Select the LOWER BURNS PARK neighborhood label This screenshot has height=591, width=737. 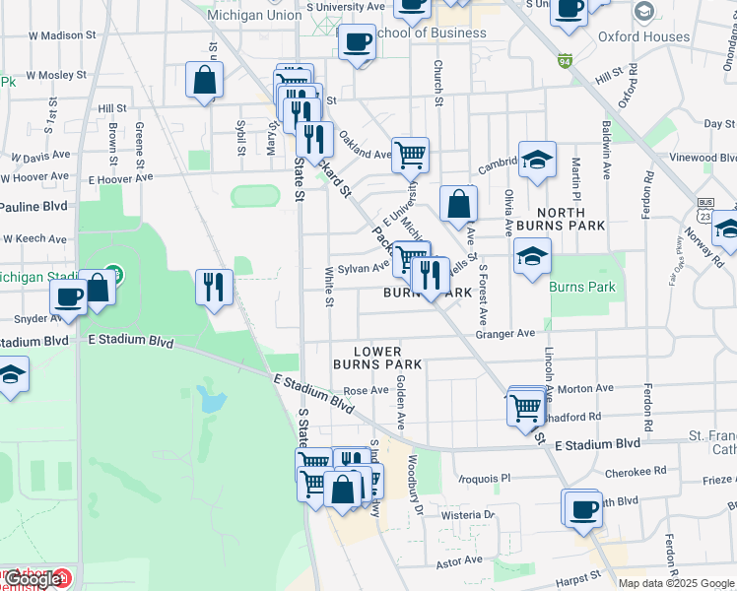(x=389, y=358)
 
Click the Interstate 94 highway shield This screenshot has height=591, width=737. (x=564, y=61)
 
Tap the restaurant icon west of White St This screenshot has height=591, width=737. (x=214, y=287)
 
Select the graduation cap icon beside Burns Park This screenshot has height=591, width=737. (x=532, y=256)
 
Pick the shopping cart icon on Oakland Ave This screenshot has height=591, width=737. (x=410, y=153)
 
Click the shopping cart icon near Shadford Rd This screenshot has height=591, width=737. (x=526, y=405)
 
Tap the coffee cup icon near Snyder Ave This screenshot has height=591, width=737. (x=68, y=296)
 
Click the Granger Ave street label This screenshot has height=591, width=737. (x=504, y=334)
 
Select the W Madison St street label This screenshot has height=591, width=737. (x=62, y=34)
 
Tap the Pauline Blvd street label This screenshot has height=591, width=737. (x=33, y=207)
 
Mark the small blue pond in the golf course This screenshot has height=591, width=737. (x=209, y=399)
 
